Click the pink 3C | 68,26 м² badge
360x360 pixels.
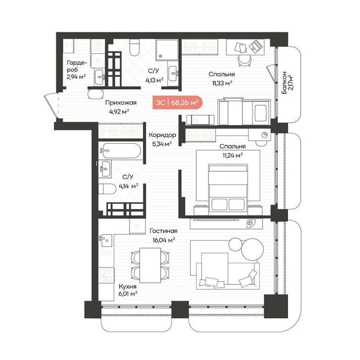tap(177, 102)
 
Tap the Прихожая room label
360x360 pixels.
tap(121, 103)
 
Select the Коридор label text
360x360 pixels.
tap(162, 135)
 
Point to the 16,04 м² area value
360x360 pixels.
tap(164, 240)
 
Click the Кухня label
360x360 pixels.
tap(127, 287)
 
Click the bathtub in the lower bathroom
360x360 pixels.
tap(121, 150)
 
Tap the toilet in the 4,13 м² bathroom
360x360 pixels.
tap(134, 47)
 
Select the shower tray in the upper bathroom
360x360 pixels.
tap(167, 50)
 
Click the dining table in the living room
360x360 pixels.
tap(150, 265)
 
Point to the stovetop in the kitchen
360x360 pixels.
tap(106, 275)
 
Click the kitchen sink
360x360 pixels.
tap(106, 240)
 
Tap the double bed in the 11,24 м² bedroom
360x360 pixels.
tap(228, 189)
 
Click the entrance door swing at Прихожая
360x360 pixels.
tap(51, 105)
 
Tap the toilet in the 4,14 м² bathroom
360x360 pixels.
tap(107, 189)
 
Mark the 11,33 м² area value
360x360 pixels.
tap(222, 83)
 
